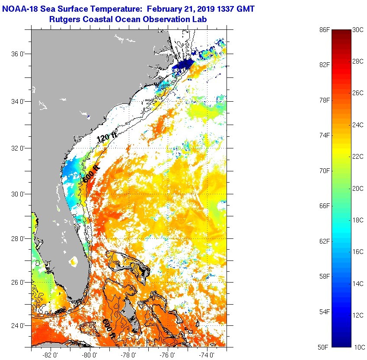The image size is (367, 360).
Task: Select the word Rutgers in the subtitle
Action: (x=64, y=19)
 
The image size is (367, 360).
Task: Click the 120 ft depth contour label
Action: (x=106, y=138)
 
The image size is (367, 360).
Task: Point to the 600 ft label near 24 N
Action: (x=109, y=329)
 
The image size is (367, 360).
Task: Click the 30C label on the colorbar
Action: (x=357, y=29)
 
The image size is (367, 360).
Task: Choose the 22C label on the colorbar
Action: (x=357, y=156)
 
